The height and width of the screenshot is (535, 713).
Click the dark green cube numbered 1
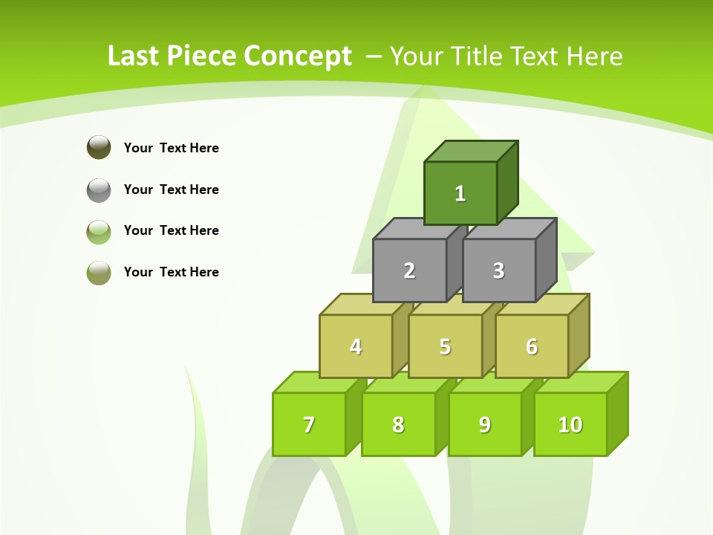click(460, 193)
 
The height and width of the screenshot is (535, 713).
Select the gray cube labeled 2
click(409, 270)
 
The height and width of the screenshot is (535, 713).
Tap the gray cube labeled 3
click(498, 270)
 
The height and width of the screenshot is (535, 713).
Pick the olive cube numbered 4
click(356, 346)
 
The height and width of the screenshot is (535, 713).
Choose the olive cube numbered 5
click(445, 346)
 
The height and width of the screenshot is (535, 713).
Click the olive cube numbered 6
click(532, 346)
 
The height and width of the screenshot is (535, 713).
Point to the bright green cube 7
click(309, 424)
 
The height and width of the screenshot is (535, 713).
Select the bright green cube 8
click(398, 424)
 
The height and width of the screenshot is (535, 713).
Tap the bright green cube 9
click(484, 424)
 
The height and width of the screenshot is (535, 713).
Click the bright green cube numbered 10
click(570, 424)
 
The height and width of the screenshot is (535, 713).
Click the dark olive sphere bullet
click(99, 147)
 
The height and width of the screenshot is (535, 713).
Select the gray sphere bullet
click(99, 189)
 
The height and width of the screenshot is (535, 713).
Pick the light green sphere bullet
click(99, 231)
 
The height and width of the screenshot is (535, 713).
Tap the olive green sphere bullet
click(99, 272)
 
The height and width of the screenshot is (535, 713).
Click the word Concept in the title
click(298, 56)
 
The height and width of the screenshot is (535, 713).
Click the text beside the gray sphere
click(172, 189)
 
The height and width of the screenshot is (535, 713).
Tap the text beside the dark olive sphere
click(172, 148)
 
